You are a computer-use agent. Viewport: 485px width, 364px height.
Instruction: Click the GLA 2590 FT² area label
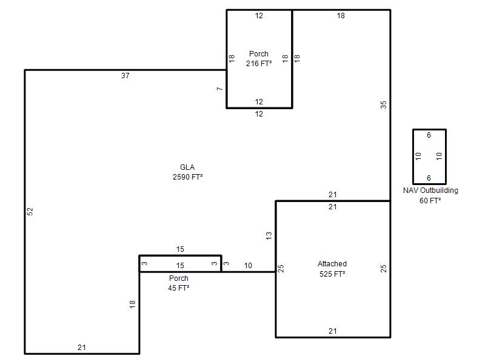187,172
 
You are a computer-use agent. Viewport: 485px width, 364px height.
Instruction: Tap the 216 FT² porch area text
259,64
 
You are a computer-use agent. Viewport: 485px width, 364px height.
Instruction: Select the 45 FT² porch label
178,288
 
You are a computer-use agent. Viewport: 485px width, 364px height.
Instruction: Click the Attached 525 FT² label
332,269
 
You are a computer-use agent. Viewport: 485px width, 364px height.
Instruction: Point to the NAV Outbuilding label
430,190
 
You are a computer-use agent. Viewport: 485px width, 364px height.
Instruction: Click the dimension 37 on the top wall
125,75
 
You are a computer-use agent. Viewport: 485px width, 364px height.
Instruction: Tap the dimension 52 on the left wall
30,212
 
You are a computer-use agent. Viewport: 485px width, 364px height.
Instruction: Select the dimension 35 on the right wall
384,105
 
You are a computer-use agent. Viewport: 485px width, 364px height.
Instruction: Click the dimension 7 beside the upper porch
219,89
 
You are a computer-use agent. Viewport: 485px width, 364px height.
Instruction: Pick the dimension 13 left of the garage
269,236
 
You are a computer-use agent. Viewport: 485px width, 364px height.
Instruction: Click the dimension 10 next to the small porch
248,266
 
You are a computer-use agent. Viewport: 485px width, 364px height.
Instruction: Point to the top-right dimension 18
341,16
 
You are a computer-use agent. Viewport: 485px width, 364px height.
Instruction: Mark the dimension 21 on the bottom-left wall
82,348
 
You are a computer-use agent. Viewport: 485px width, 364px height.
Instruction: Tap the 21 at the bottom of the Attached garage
333,331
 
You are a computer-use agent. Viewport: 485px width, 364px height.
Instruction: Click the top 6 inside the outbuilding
429,135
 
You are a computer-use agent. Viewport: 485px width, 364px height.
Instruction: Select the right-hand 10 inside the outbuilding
439,156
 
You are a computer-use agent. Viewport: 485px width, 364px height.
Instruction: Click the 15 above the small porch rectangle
180,249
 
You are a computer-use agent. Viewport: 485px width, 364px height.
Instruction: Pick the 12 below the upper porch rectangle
259,114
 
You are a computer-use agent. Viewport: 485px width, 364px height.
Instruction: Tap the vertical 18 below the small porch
132,305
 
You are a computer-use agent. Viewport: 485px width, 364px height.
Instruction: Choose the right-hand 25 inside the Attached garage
384,268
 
